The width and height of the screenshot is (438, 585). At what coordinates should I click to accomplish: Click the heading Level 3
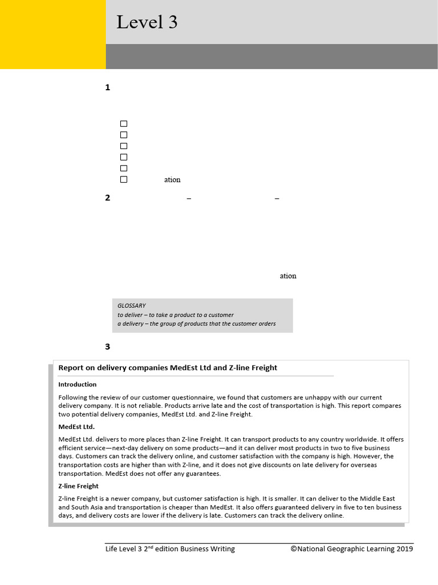147,22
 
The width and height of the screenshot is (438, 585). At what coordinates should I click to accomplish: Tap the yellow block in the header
52,34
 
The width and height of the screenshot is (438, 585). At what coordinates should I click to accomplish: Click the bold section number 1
108,87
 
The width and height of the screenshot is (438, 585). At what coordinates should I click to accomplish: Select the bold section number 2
108,198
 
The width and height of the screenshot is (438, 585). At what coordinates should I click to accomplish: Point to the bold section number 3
108,346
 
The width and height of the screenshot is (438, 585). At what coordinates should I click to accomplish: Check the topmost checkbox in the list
124,123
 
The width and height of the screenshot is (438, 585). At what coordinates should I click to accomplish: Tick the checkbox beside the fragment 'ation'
124,179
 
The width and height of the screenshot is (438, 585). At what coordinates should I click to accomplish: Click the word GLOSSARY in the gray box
132,306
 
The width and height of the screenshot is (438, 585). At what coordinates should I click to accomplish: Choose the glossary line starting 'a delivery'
196,323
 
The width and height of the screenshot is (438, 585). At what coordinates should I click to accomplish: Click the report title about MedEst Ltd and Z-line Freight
168,368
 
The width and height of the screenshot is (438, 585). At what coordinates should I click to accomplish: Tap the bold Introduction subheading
78,384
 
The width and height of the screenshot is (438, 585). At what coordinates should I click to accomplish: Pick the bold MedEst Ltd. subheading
76,426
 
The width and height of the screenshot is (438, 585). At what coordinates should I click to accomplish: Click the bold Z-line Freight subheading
79,486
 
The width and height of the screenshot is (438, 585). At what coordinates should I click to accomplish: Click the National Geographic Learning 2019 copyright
351,549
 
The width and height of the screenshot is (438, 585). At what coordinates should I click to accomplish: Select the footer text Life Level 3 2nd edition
170,549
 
